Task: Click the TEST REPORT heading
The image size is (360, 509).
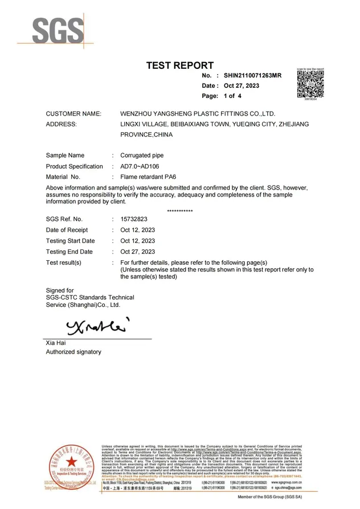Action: coord(180,65)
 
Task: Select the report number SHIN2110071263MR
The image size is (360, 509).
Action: coord(253,75)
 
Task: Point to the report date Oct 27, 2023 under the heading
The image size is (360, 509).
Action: coord(242,86)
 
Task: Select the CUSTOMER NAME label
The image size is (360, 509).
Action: coord(73,114)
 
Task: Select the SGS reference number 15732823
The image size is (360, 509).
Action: coord(134,219)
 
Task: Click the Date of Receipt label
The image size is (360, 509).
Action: coord(67,230)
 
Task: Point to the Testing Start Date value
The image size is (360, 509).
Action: coord(138,241)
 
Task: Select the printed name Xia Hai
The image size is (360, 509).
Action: coord(56,343)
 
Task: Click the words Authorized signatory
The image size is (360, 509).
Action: coord(73,352)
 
